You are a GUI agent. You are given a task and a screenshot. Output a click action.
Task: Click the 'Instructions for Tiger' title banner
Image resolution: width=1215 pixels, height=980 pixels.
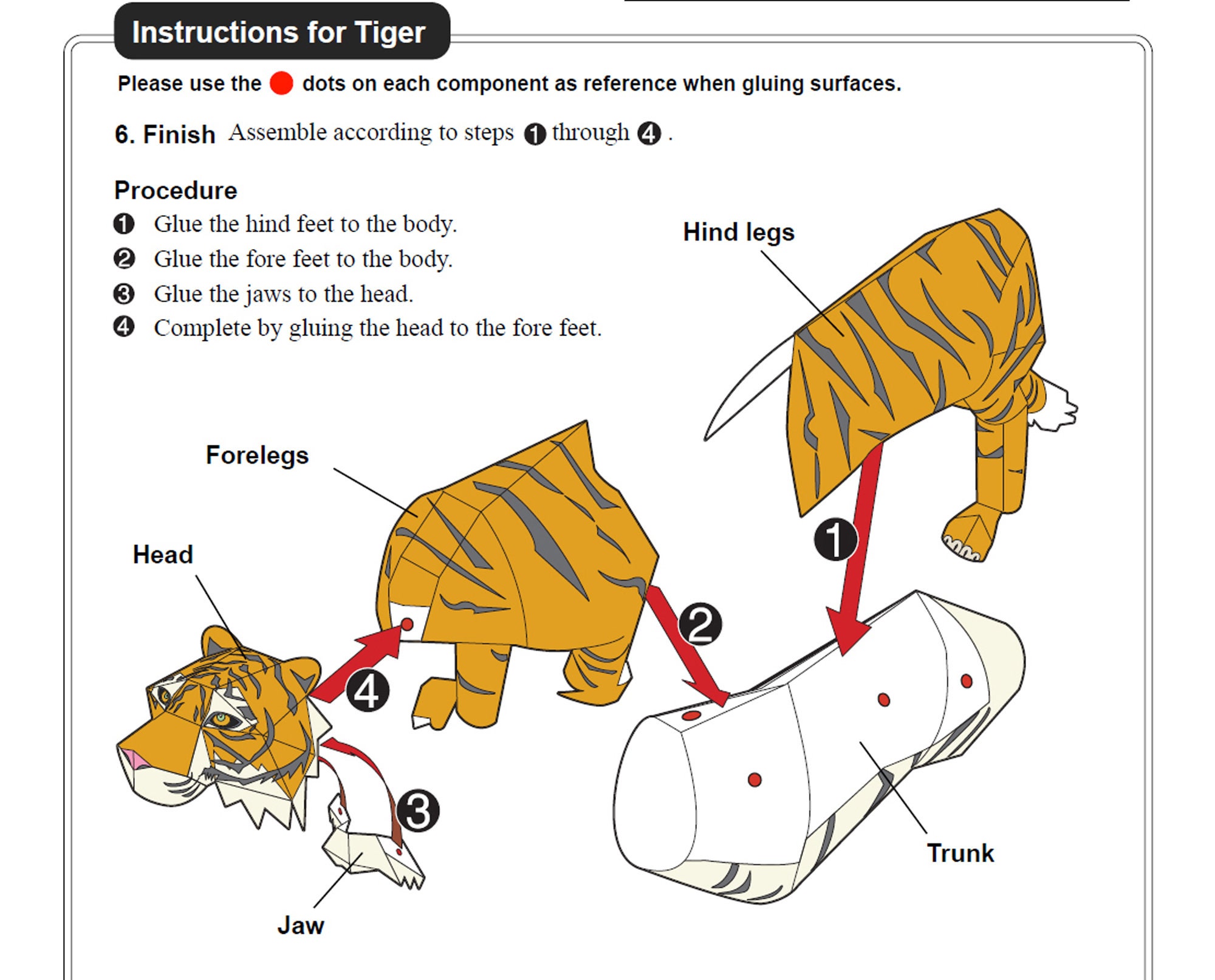[282, 32]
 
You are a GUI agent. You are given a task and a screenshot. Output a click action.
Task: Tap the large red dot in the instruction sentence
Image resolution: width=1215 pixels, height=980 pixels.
[281, 83]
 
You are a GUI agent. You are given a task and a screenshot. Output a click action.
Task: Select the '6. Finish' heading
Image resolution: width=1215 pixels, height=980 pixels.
[165, 134]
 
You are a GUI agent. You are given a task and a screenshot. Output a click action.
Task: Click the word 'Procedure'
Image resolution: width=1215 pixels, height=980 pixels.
[176, 190]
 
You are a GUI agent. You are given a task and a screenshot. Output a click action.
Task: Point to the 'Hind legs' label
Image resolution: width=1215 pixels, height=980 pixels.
[738, 232]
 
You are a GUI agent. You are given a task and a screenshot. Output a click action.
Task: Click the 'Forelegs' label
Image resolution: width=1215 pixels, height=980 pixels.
[257, 455]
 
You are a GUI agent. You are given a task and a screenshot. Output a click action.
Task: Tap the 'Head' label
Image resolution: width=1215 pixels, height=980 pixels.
[163, 554]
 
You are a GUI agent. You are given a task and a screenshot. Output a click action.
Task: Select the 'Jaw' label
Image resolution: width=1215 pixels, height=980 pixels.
[301, 925]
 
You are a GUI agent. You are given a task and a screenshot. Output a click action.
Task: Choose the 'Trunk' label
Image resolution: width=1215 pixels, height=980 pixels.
[960, 853]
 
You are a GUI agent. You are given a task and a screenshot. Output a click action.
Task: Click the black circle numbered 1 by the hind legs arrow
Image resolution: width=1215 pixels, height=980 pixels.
[836, 539]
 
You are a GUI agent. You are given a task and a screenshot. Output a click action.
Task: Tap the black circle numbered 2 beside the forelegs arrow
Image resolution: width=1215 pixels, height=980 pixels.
[700, 624]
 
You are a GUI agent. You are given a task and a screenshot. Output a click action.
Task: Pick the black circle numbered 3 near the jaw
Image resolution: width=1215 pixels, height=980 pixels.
[418, 811]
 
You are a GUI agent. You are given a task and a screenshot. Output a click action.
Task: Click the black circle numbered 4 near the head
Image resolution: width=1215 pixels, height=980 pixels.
[367, 691]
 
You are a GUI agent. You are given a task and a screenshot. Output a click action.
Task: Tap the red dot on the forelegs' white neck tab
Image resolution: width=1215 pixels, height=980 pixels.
[408, 625]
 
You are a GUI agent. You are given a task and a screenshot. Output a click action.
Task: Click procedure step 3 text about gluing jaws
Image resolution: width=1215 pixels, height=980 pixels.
[283, 294]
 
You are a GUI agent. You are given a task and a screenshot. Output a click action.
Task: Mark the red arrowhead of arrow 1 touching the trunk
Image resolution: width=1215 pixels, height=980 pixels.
[847, 635]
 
